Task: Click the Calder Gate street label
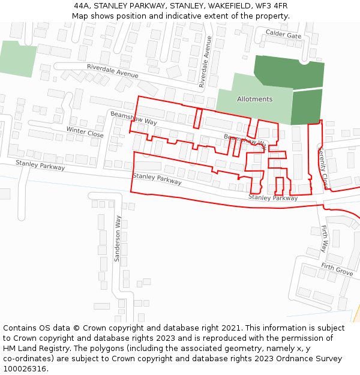(283, 35)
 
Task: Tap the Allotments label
(254, 99)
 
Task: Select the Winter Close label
(85, 132)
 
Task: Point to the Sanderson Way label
(118, 237)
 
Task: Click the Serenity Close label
(323, 167)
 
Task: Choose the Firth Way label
(325, 239)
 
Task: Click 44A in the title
(83, 5)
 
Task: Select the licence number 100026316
(25, 369)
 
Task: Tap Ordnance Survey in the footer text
(310, 359)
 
